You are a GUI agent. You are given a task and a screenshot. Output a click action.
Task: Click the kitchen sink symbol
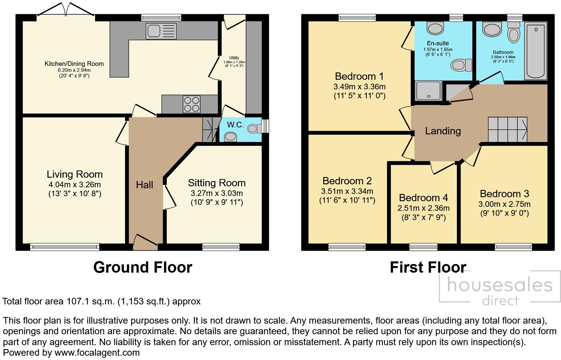coord(161,31)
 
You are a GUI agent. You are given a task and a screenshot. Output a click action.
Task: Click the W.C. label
coord(236,125)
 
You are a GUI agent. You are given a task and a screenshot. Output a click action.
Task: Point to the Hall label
coord(145,185)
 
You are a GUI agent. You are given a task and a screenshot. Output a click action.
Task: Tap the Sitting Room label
coord(217,183)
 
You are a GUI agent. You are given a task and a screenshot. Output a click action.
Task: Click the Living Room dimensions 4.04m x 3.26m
coord(74,185)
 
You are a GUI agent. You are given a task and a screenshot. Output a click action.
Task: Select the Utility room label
coord(234,58)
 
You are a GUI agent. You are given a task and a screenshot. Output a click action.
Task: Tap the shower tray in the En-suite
coord(428,90)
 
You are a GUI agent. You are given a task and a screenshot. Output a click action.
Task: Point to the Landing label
coord(443,131)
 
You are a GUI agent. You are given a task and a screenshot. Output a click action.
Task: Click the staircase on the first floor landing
coord(507,129)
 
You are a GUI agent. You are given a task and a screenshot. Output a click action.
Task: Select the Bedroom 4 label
coord(423,198)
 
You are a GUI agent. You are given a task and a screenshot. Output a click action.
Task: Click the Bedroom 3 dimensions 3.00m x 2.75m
coord(504,204)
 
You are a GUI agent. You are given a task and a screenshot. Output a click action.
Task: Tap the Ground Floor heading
coord(143,267)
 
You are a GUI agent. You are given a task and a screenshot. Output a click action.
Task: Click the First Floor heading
coord(428,267)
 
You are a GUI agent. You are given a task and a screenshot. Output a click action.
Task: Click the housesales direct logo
coord(499,291)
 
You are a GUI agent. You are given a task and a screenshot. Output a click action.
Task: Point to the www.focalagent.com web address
coord(97,353)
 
